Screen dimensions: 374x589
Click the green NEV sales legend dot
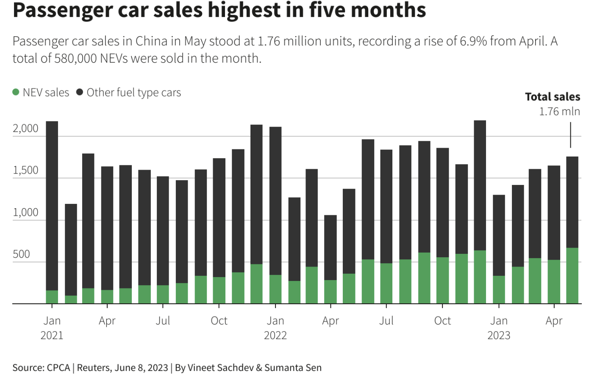coord(16,92)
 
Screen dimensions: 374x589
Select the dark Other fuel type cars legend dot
coord(80,92)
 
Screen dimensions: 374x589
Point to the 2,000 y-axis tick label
coord(25,129)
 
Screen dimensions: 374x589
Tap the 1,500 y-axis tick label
coord(25,170)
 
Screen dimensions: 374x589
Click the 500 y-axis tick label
coord(21,254)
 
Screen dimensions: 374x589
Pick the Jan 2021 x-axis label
coord(52,328)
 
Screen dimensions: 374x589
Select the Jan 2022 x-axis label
coord(275,328)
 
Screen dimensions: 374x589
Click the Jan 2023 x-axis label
coord(499,328)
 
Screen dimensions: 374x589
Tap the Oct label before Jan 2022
coord(219,321)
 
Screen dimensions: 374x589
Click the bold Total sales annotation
coord(553,97)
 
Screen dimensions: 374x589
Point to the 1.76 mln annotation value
coord(559,111)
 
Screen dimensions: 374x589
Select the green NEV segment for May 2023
coord(572,275)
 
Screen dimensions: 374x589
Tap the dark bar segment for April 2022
coord(331,247)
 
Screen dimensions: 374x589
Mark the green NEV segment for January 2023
coord(499,290)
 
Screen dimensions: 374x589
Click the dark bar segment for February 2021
coord(71,250)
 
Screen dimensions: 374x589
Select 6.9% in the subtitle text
coord(473,41)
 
